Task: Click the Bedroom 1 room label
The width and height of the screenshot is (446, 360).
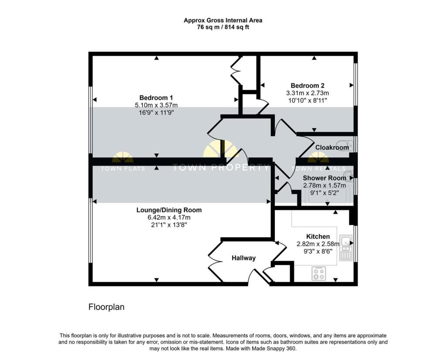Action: pos(156,98)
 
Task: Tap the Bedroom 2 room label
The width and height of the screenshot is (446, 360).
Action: pos(307,86)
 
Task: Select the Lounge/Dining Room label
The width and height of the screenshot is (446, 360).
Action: pos(169,210)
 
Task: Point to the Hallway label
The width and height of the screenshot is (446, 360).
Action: pos(243,258)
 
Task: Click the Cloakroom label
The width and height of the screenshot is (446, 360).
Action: pos(332,148)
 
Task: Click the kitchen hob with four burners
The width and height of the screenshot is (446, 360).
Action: pos(318,274)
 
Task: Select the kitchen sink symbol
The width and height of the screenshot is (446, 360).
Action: pos(346,249)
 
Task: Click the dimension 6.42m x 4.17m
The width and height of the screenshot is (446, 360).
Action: pos(169,217)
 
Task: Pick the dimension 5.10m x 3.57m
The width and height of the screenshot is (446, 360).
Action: pos(156,105)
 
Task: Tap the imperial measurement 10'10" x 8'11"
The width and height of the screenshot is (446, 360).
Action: pos(307,100)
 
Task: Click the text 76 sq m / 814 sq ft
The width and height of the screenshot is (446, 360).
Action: pos(223,27)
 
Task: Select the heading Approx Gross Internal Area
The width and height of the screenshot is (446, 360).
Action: pos(223,20)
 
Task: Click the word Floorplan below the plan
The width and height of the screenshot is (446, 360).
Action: pos(106,307)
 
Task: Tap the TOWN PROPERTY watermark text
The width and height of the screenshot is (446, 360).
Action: pos(221,168)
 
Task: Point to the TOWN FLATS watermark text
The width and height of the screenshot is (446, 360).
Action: pos(123,168)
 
